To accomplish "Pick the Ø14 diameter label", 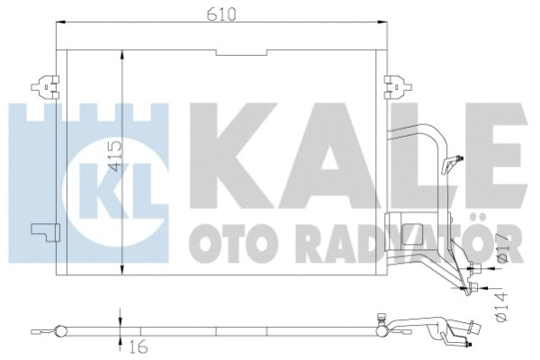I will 503,305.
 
